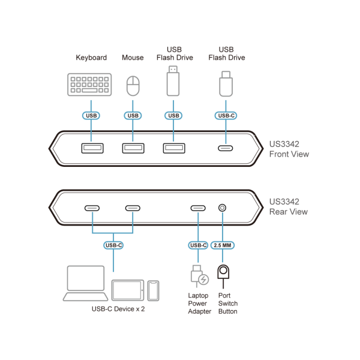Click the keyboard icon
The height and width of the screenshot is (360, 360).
(89, 84)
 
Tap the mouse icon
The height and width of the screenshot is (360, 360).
(133, 85)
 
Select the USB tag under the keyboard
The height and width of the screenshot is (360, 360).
(91, 115)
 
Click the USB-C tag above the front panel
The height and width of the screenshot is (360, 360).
(226, 115)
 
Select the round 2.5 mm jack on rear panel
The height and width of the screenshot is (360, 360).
(223, 208)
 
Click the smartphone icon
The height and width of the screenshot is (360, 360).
(154, 290)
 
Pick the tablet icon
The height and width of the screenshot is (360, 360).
(128, 290)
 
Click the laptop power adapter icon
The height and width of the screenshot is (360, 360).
(199, 276)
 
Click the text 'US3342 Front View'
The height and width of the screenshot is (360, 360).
(289, 149)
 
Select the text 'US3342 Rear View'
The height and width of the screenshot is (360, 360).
(289, 206)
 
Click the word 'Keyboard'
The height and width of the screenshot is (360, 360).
(91, 58)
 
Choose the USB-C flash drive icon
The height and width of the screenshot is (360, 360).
(226, 84)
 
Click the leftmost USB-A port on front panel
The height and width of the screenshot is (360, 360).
(92, 148)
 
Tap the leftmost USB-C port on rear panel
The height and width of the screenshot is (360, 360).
(92, 208)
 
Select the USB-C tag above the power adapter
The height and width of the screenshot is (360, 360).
(198, 245)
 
